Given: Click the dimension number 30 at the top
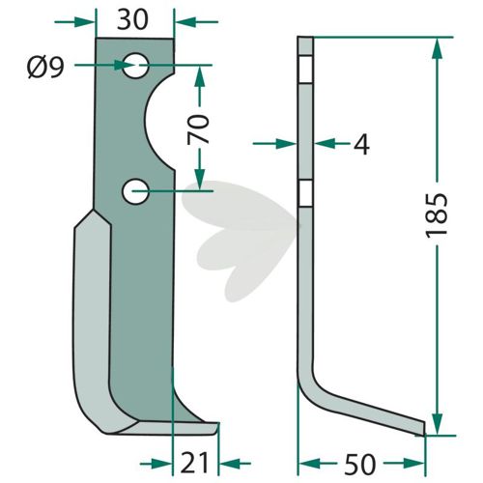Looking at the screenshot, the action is (132, 20).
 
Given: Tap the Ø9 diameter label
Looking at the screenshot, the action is (46, 69).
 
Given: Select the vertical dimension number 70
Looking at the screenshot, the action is (198, 129).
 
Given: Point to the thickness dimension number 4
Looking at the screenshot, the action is (361, 144).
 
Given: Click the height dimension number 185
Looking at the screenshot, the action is (437, 215).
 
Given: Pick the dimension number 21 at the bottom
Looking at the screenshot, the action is (194, 464).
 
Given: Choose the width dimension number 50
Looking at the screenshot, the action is (360, 464).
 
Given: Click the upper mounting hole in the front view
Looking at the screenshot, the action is (135, 66).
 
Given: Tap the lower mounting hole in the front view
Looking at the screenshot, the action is (135, 191).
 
